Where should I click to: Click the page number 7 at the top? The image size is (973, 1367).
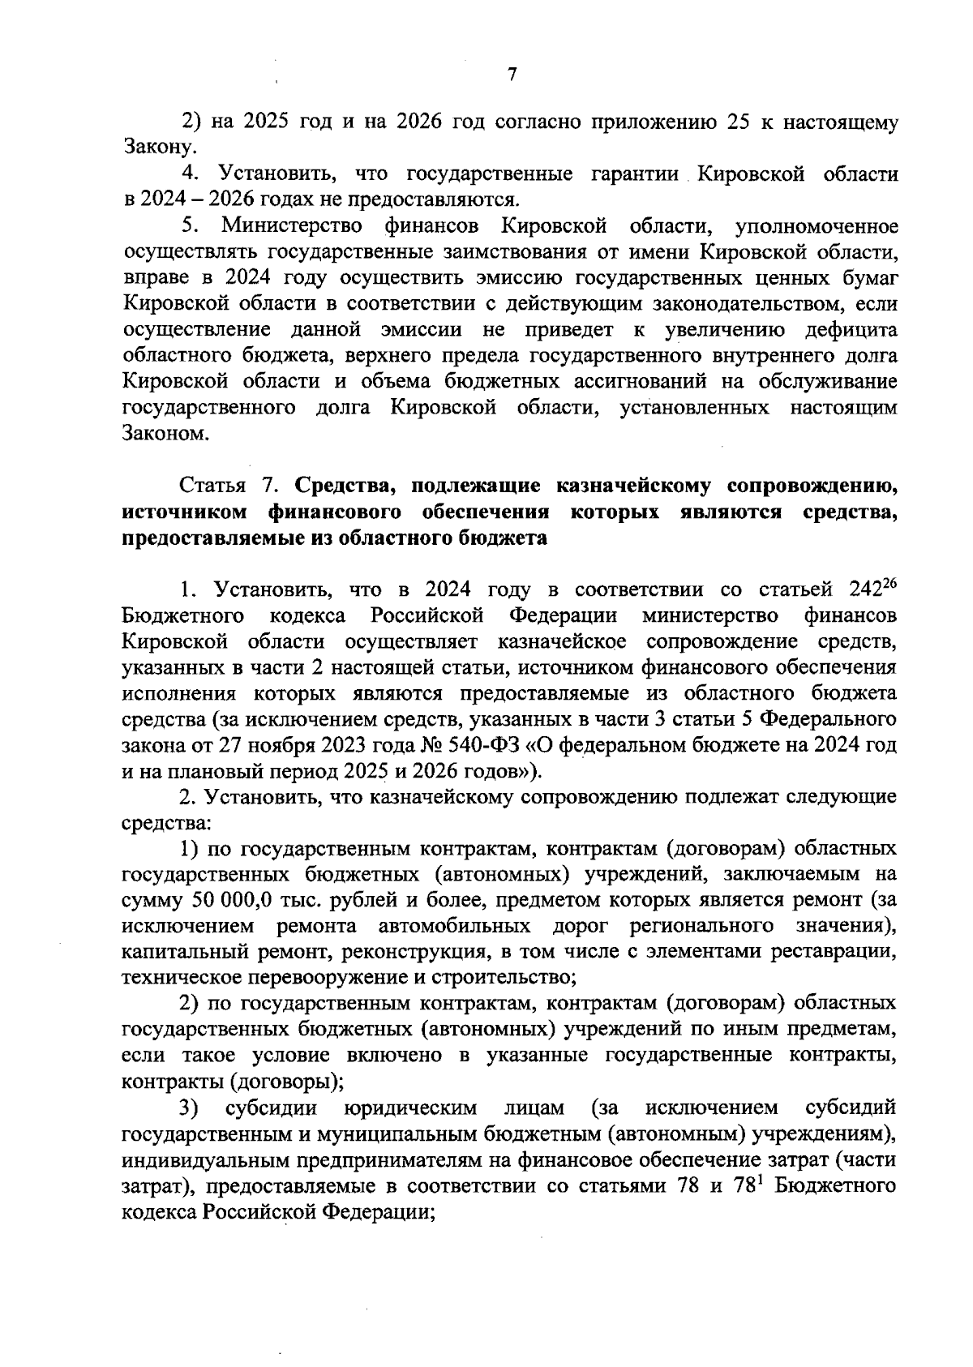(512, 75)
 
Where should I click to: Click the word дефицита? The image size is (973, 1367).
(851, 330)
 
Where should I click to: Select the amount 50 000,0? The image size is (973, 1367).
(236, 901)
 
